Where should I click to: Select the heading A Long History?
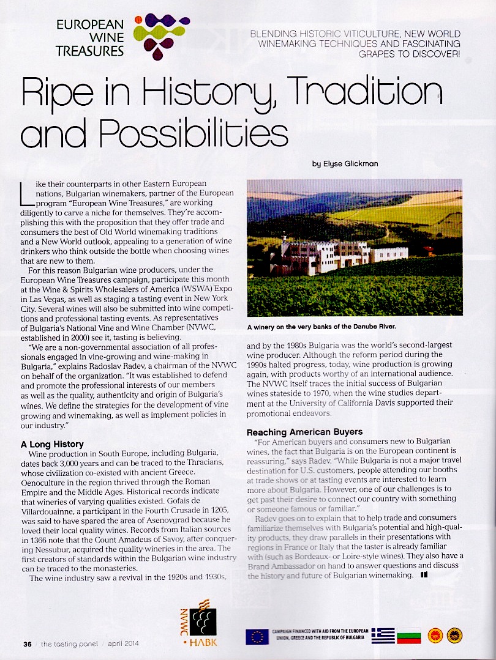52,444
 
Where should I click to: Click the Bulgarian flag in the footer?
410,636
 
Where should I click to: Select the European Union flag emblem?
257,636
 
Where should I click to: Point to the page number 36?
27,643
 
